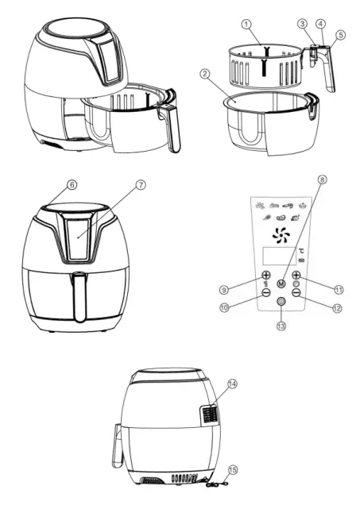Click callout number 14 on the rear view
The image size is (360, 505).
[231, 384]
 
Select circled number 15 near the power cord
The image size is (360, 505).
[231, 471]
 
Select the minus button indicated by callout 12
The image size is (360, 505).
[296, 292]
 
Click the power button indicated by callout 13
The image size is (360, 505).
[281, 302]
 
